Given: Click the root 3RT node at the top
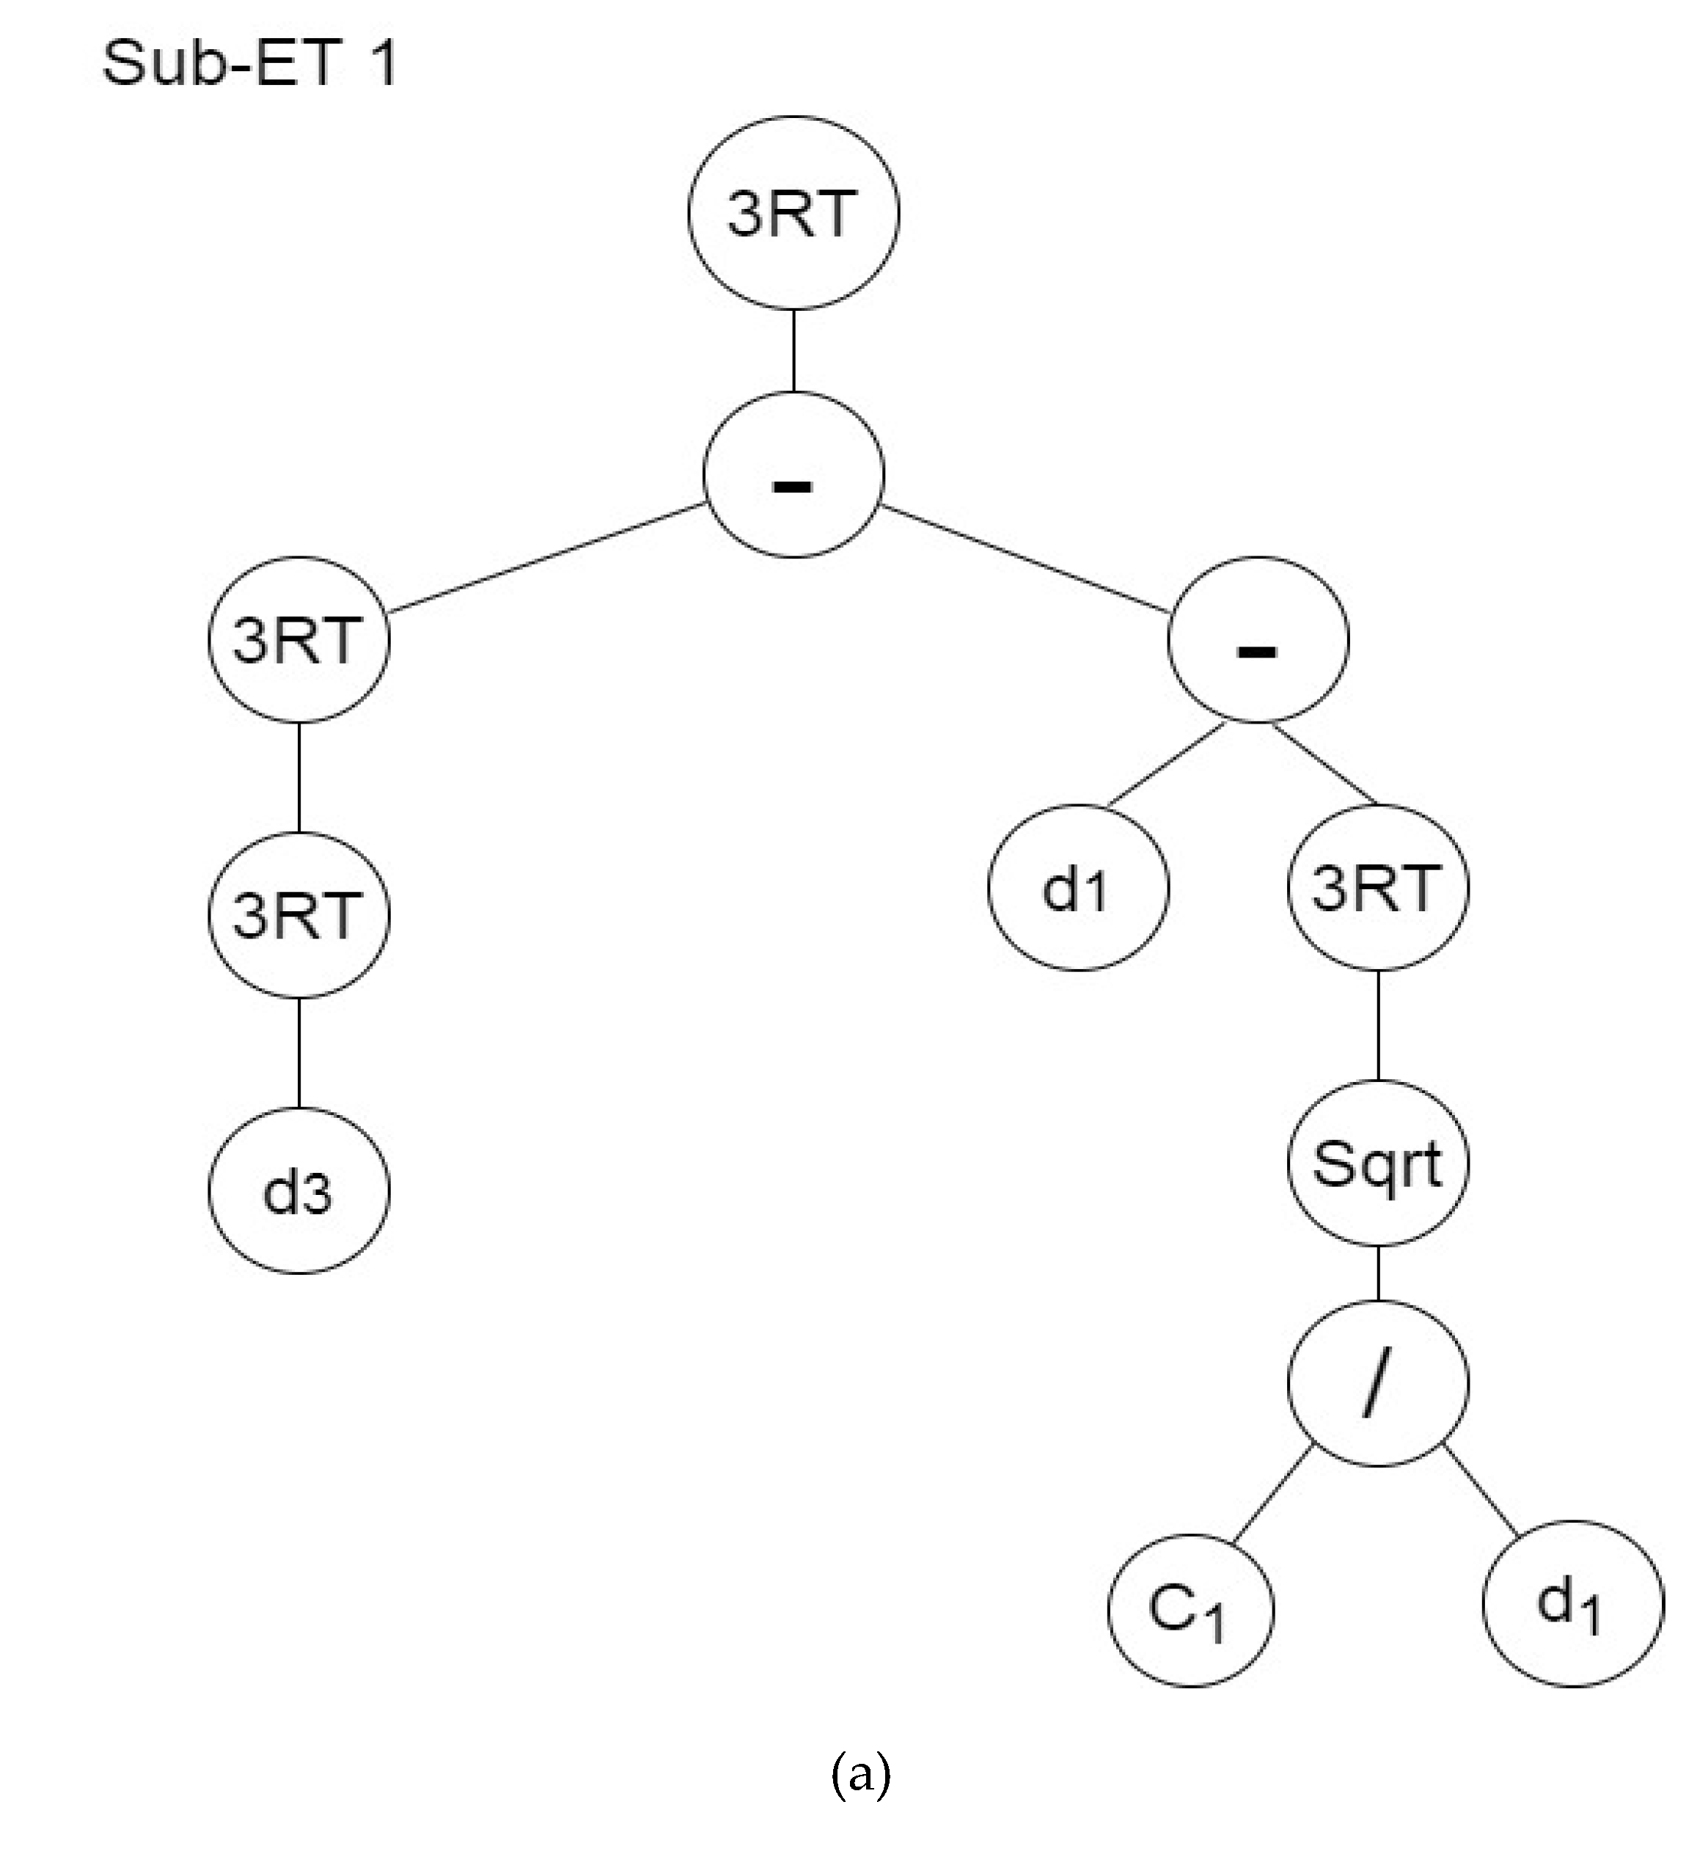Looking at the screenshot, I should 793,213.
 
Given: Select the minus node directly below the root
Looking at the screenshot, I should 793,474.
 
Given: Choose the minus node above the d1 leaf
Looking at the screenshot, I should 1257,639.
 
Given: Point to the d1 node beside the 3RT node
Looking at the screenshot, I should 1078,888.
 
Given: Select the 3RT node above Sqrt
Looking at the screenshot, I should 1377,888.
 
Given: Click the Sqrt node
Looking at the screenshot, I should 1377,1163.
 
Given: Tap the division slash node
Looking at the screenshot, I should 1377,1383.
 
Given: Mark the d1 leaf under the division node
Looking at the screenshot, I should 1572,1604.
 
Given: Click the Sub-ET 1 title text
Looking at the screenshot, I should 249,62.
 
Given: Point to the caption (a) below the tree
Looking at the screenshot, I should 861,1775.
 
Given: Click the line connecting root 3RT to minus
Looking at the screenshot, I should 793,350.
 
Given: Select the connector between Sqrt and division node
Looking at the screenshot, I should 1377,1273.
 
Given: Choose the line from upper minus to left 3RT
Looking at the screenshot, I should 547,557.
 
